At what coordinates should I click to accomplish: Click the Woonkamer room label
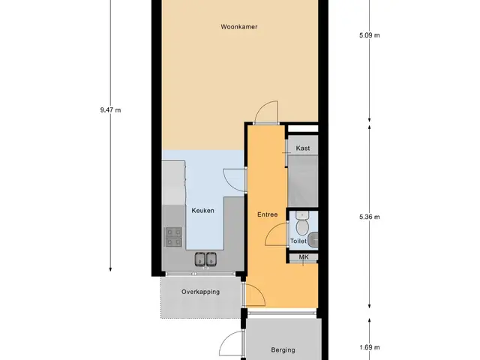(239, 27)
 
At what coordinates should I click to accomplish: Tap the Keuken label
(202, 211)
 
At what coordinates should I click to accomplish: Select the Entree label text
(267, 214)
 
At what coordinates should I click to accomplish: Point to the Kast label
(303, 148)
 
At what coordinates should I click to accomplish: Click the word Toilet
(298, 241)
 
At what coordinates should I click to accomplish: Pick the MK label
(304, 257)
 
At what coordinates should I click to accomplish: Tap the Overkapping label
(200, 292)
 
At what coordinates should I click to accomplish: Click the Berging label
(283, 350)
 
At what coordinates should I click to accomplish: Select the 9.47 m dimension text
(110, 110)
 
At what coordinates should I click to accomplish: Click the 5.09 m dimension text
(370, 35)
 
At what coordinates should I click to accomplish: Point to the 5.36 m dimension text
(370, 217)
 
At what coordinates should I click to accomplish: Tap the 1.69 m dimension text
(370, 347)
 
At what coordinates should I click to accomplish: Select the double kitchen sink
(205, 259)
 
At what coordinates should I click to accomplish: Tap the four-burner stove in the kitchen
(174, 237)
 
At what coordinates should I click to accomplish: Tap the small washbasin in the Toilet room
(313, 240)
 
